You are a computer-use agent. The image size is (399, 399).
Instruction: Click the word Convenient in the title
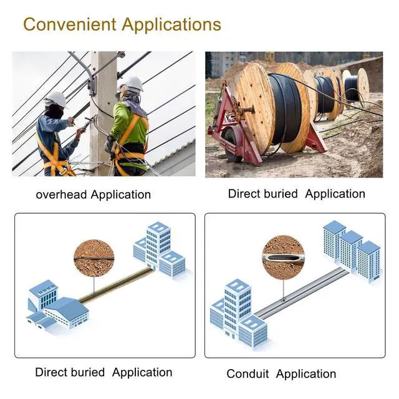tap(70, 25)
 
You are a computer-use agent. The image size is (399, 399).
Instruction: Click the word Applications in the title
tap(171, 26)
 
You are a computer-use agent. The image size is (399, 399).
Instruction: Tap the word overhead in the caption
tap(61, 195)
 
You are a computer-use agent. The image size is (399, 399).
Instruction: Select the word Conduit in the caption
tap(248, 374)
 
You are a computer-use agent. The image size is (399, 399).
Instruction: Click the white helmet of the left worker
tap(56, 99)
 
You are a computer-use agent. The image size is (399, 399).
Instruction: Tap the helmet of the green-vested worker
tap(132, 84)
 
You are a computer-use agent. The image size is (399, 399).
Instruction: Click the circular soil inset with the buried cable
tap(94, 258)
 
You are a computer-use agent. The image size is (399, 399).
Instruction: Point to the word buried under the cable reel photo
tap(280, 193)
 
